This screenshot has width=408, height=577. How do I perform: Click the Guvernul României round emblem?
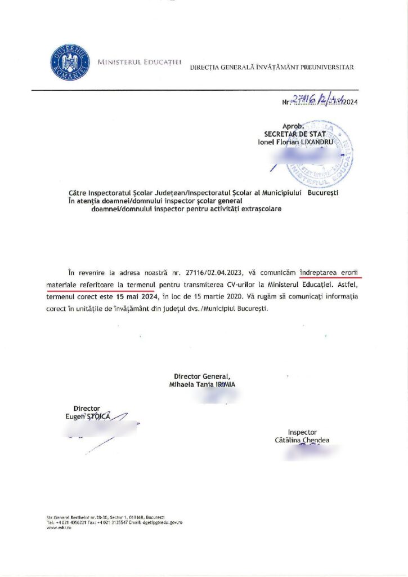coord(70,61)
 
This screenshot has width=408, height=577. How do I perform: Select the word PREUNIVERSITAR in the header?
coord(328,68)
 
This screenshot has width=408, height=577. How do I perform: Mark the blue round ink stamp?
coord(320,153)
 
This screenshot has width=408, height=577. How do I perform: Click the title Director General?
coord(201,376)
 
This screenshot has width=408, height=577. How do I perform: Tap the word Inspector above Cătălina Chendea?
coord(302,432)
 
